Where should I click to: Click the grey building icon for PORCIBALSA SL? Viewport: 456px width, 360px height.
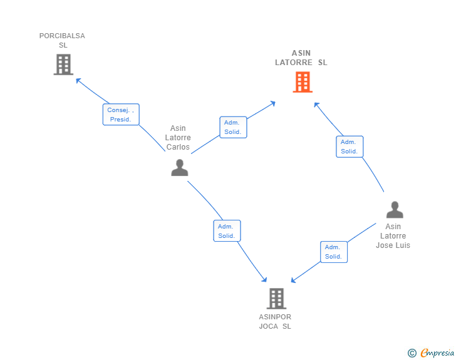tap(63, 64)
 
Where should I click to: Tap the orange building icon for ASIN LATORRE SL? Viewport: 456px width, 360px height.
tap(303, 82)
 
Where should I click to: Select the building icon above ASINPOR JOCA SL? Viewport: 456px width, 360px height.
tap(276, 299)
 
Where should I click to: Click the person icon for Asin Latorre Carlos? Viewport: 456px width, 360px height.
tap(180, 168)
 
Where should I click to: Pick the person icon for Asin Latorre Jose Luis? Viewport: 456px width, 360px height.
tap(394, 210)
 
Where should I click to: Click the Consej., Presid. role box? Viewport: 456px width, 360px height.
tap(121, 115)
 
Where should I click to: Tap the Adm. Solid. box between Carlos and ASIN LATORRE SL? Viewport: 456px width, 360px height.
tap(233, 127)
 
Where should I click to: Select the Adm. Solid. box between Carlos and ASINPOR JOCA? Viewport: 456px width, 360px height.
tap(227, 231)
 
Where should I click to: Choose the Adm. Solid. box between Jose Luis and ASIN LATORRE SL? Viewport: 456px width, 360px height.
tap(350, 147)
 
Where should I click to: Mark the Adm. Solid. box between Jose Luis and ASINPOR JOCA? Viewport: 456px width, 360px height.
tap(333, 252)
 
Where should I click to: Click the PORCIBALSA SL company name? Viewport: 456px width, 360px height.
tap(62, 40)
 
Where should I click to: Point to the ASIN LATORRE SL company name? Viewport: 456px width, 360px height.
tap(301, 58)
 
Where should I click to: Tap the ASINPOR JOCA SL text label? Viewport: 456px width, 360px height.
tap(275, 321)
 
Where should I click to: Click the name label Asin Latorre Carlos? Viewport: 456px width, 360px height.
tap(178, 138)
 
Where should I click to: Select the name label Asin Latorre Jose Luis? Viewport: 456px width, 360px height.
tap(393, 236)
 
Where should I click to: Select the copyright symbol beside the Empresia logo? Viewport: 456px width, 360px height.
tap(412, 353)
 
